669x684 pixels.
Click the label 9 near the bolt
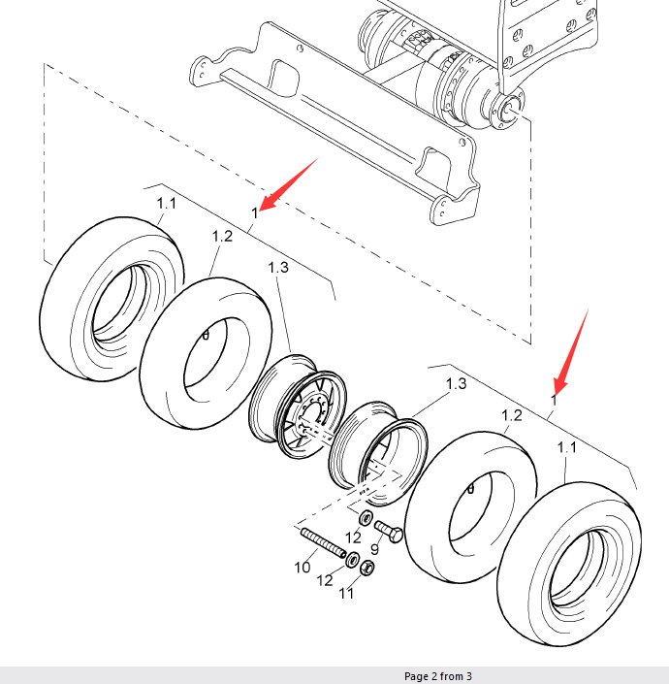coord(374,549)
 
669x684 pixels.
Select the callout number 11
coord(346,594)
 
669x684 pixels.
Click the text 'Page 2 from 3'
coord(437,676)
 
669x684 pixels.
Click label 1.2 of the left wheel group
coord(222,236)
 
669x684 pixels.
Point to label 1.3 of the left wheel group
coord(277,268)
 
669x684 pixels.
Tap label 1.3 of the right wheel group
coord(456,384)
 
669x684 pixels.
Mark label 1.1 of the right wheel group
coord(567,447)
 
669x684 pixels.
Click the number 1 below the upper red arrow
coord(255,212)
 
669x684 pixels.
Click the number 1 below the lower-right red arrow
coord(554,400)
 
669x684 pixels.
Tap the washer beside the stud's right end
coord(353,560)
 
